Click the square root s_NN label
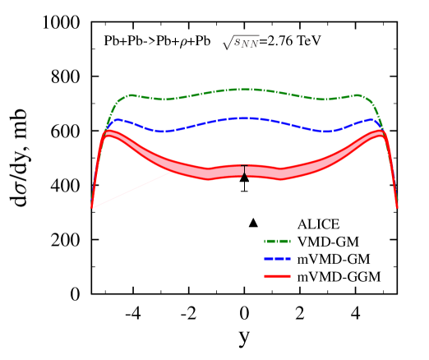(x=240, y=43)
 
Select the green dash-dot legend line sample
(x=277, y=241)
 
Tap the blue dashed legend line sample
(x=277, y=259)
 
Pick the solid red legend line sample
(x=277, y=276)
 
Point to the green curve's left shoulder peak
(x=131, y=95)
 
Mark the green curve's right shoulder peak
(x=357, y=95)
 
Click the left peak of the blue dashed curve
(x=118, y=120)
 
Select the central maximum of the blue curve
(x=243, y=118)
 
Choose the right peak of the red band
(x=379, y=133)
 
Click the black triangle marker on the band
(x=244, y=175)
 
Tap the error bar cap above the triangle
(x=244, y=165)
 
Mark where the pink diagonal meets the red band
(x=171, y=173)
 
